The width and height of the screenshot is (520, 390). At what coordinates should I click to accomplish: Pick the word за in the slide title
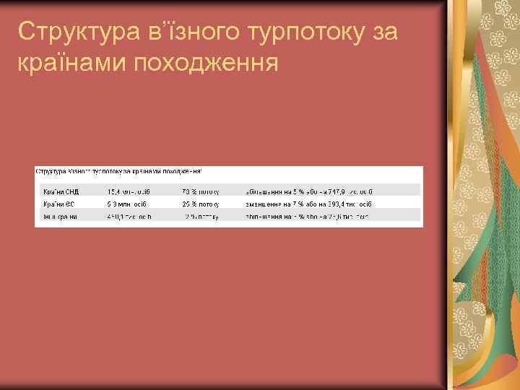pos(382,32)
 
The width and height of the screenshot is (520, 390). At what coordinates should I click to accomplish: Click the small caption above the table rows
pos(119,171)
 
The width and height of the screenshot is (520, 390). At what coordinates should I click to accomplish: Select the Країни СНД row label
pos(61,191)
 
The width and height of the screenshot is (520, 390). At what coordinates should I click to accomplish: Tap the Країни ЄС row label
pos(59,204)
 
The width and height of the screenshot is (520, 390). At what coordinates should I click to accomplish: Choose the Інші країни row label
pos(61,216)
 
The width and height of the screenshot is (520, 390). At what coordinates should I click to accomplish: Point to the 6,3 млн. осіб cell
pos(127,204)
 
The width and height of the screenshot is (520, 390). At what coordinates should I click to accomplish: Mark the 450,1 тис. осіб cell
pos(129,216)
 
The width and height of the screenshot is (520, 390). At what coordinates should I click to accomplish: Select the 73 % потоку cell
pos(201,191)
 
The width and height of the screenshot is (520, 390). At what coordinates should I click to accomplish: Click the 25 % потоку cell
pos(201,204)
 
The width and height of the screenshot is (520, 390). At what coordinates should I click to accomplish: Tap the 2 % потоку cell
pos(202,216)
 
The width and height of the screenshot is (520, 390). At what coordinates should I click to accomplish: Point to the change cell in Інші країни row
pos(308,216)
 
